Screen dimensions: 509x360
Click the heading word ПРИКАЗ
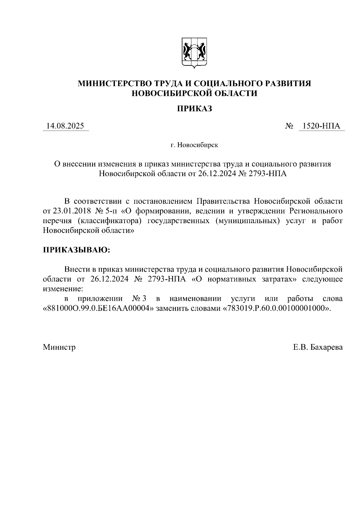pyautogui.click(x=194, y=109)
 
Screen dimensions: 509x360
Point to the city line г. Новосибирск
pyautogui.click(x=194, y=145)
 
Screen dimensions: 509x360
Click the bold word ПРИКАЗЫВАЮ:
pyautogui.click(x=76, y=250)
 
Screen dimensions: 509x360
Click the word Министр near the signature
pyautogui.click(x=59, y=347)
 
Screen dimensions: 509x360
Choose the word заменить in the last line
pyautogui.click(x=169, y=309)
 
